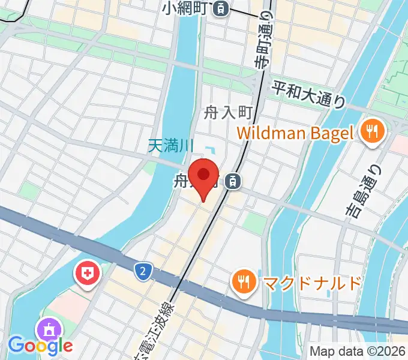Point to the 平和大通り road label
coord(309,94)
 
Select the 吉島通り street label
coord(361,189)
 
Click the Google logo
coord(40,346)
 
